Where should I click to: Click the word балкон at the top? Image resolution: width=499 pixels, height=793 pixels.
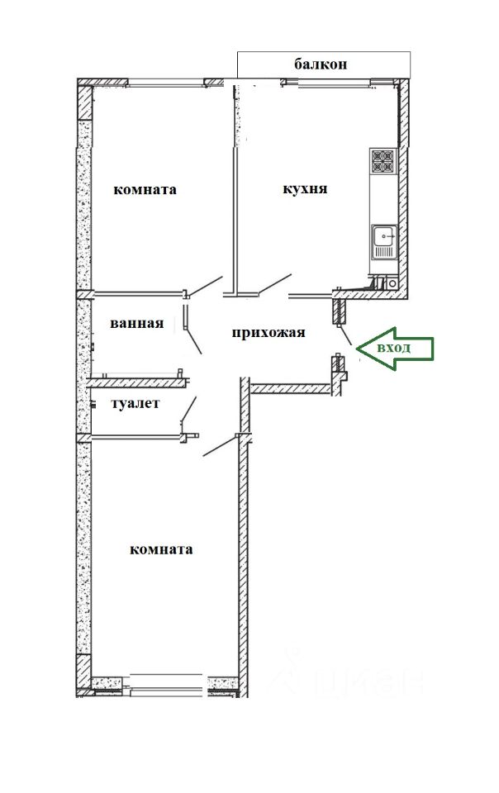click(321, 64)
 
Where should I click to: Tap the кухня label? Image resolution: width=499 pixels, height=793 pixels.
click(305, 189)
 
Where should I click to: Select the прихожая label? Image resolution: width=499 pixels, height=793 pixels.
click(269, 333)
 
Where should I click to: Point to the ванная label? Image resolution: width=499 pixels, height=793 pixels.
click(137, 323)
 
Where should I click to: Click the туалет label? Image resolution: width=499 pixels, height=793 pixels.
click(135, 404)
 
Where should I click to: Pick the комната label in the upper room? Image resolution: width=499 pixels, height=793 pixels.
click(145, 190)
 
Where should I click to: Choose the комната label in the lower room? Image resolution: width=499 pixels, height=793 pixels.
click(161, 549)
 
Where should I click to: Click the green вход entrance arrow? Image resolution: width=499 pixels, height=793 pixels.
click(395, 348)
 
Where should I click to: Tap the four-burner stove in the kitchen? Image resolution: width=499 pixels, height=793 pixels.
click(383, 162)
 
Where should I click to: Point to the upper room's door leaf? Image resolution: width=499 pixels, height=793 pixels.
click(206, 286)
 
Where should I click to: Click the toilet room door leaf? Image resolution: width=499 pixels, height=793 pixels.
click(189, 408)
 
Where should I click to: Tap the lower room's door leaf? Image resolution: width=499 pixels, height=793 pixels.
click(220, 445)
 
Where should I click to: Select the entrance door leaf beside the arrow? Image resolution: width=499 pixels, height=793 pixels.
click(345, 336)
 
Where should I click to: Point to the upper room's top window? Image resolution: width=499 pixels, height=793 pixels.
click(165, 82)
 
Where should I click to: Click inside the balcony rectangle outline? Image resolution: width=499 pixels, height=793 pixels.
click(324, 64)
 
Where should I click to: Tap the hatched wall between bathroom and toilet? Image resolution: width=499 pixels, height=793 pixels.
click(137, 382)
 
